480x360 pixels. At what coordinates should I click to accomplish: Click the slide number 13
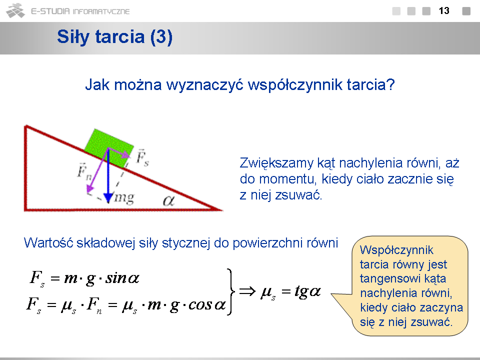(x=444, y=10)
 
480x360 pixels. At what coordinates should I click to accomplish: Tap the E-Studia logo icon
(x=15, y=10)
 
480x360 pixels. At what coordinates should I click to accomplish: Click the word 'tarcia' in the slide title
(x=120, y=36)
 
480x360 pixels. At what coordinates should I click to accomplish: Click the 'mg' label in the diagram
(x=124, y=198)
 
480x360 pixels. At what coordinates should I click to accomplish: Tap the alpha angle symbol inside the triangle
(x=168, y=201)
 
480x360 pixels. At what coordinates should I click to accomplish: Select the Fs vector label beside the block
(x=142, y=157)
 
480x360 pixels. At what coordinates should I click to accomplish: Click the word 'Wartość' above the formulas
(x=48, y=243)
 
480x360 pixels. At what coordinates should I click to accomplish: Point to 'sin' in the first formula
(x=116, y=278)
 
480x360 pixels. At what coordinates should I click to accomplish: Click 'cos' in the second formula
(x=200, y=305)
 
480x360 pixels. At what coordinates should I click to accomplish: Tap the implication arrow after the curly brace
(x=247, y=291)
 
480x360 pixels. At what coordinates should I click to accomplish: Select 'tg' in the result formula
(x=301, y=291)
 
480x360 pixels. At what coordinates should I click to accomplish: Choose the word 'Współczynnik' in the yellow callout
(x=396, y=250)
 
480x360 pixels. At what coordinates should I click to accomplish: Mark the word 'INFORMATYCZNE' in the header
(x=101, y=11)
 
